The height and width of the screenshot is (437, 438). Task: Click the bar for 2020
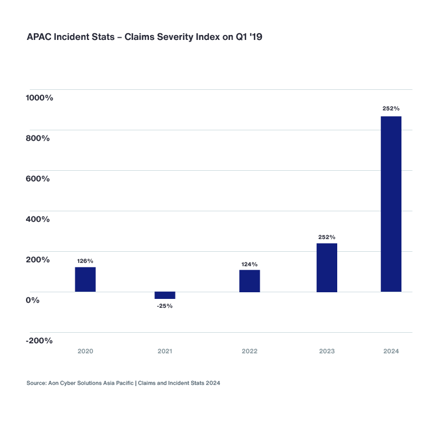(85, 279)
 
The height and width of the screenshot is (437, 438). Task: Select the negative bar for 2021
(165, 295)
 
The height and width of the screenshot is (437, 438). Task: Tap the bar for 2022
(250, 281)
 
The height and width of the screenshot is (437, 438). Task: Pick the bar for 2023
(327, 267)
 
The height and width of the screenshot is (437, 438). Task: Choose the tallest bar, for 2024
(391, 204)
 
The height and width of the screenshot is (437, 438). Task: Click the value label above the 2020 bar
(85, 261)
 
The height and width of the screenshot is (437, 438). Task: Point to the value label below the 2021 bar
(165, 306)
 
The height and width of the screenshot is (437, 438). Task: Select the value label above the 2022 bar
(250, 264)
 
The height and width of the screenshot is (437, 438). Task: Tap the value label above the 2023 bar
(327, 237)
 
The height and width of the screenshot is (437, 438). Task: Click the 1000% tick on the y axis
(39, 98)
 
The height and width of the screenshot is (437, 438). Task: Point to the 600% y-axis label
(38, 179)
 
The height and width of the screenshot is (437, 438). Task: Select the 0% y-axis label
(32, 300)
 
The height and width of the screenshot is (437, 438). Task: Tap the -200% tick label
(39, 341)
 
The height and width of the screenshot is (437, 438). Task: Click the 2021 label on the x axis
(165, 352)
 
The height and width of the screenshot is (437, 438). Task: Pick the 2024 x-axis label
(391, 352)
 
